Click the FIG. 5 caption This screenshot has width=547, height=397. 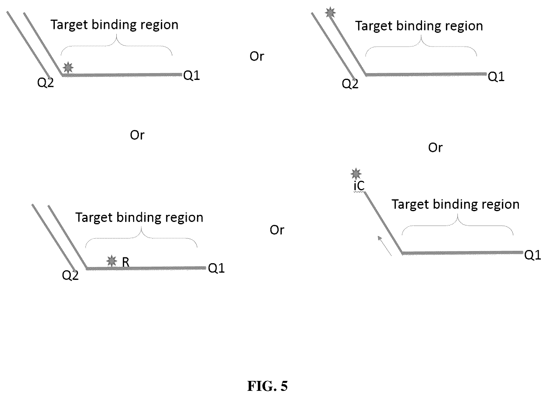click(x=267, y=386)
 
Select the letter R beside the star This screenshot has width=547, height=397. click(x=125, y=262)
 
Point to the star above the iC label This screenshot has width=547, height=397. click(x=356, y=174)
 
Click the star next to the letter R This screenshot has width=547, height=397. click(x=111, y=261)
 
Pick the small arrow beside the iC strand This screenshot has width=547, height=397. click(x=384, y=246)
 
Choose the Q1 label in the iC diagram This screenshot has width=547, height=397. click(x=532, y=255)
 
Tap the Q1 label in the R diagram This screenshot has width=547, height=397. click(x=216, y=268)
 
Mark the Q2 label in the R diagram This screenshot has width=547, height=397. click(x=70, y=275)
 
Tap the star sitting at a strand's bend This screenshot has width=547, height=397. click(x=68, y=67)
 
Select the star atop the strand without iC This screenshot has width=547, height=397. click(x=330, y=13)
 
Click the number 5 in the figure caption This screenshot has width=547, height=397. click(x=284, y=386)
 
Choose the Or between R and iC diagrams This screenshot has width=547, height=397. click(x=277, y=230)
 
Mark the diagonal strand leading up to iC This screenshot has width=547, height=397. click(x=383, y=223)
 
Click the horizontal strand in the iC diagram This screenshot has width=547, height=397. click(x=462, y=253)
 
